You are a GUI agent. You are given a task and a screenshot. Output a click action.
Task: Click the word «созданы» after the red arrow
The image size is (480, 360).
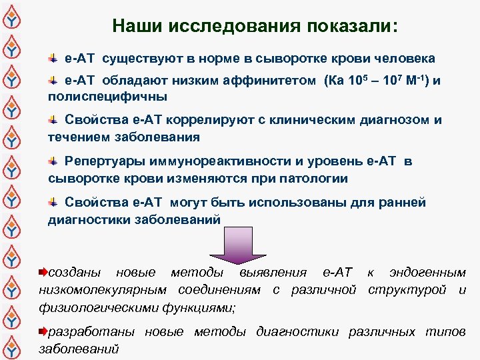click(76, 272)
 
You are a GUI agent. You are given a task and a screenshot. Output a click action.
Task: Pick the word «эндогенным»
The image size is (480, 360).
click(427, 272)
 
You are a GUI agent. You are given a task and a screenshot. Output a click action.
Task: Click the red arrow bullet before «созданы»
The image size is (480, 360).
click(43, 272)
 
